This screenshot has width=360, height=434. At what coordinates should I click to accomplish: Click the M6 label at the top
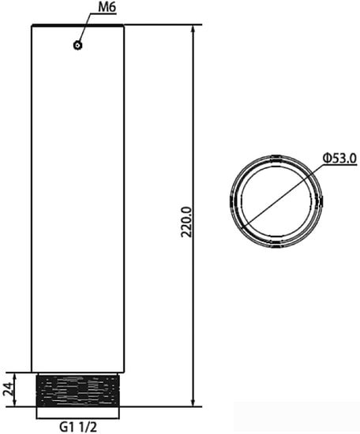(108, 9)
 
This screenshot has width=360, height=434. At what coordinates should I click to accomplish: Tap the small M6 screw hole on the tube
(77, 45)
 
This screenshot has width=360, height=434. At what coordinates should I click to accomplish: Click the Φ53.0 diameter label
(339, 159)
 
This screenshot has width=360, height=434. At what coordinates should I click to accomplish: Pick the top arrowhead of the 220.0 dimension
(194, 28)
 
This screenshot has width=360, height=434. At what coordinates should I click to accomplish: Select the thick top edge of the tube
(78, 25)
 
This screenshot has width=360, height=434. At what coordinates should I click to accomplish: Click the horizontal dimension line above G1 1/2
(78, 416)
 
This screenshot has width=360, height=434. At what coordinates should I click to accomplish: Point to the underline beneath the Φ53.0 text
(339, 166)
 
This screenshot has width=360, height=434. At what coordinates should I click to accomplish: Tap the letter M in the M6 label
(103, 9)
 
